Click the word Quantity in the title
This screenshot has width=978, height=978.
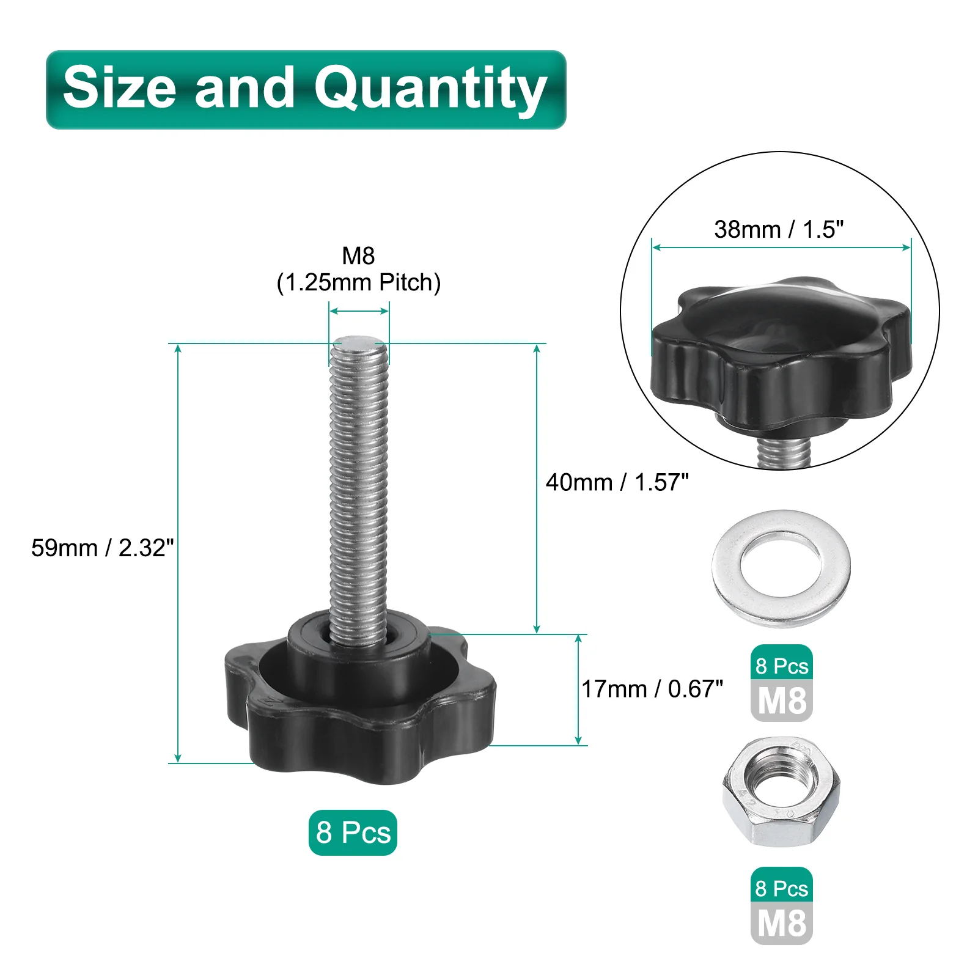tap(430, 90)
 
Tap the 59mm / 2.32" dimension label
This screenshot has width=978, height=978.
tap(103, 548)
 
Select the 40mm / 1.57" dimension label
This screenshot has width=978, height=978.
tap(617, 482)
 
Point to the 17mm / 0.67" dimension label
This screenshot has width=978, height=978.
tap(652, 689)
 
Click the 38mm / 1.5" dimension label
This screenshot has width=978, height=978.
tap(779, 229)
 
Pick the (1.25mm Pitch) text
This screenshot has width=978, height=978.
tap(359, 282)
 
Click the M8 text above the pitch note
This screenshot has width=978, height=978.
tap(358, 256)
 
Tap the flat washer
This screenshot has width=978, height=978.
tap(781, 568)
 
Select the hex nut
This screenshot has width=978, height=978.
tap(781, 792)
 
